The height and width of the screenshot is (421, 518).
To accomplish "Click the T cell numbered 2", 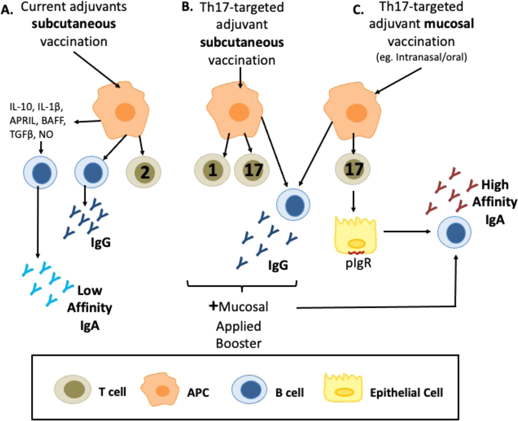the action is [143, 172].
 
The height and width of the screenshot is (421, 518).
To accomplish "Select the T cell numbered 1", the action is [212, 170].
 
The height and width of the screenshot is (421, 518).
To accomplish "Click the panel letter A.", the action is [7, 10].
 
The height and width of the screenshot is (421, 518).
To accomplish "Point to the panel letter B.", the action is [188, 7].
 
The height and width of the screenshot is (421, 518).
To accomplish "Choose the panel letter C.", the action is [358, 10].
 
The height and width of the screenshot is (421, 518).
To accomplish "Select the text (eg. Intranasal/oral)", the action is [421, 58].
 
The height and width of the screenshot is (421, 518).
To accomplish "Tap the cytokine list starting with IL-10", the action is [38, 121].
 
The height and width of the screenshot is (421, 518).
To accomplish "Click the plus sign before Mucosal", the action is [213, 306].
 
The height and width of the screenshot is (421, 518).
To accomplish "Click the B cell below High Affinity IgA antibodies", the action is [454, 232].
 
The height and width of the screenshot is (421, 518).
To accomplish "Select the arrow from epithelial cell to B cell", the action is [407, 232].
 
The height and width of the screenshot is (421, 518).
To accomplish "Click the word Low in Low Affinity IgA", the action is [90, 290].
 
